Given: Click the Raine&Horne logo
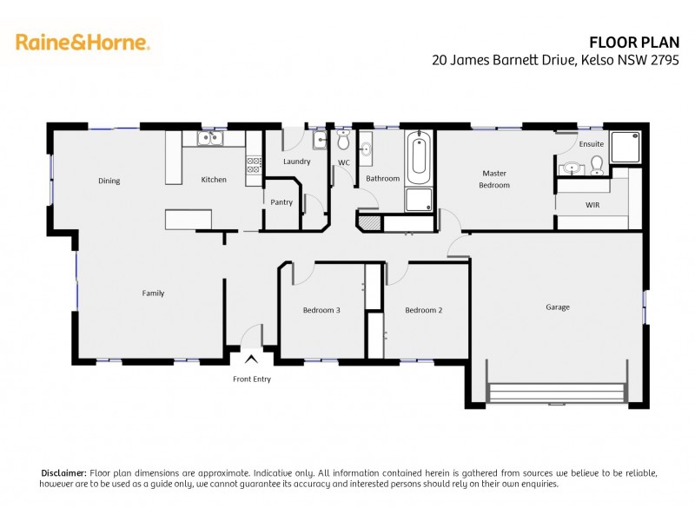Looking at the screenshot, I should click(x=83, y=42).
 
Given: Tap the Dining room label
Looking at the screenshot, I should click(x=109, y=181).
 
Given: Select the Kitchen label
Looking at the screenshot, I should click(x=214, y=180).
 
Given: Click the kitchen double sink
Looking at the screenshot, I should click(x=210, y=138).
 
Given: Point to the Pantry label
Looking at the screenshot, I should click(x=281, y=202).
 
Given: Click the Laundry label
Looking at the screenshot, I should click(x=297, y=162).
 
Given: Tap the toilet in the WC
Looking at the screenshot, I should click(x=343, y=140).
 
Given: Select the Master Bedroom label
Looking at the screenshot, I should click(x=494, y=179).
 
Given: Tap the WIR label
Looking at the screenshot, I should click(x=592, y=205).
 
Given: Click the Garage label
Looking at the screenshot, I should click(x=557, y=307).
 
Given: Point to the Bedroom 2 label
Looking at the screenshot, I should click(x=424, y=310).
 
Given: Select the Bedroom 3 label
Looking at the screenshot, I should click(x=321, y=310).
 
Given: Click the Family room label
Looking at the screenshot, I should click(x=153, y=293).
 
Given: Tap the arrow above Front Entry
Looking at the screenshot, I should click(x=251, y=359).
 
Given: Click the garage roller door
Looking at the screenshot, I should click(x=557, y=393).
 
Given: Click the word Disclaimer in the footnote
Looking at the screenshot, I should click(x=63, y=472).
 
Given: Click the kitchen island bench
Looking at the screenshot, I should click(x=189, y=219).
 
